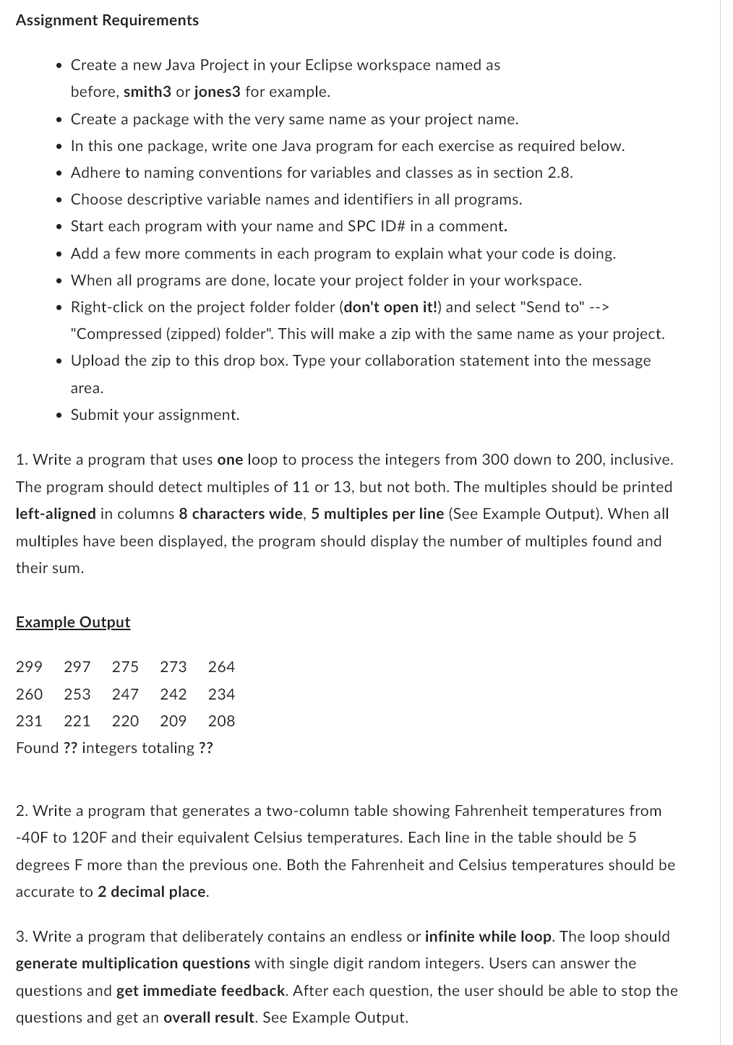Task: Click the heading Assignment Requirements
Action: [107, 20]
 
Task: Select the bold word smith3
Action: [147, 92]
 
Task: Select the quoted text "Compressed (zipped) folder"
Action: [172, 334]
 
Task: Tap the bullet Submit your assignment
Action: [155, 415]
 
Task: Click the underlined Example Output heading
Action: [73, 622]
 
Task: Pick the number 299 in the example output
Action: [29, 667]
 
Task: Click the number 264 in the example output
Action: [221, 667]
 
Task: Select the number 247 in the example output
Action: [125, 694]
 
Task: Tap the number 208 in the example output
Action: [221, 721]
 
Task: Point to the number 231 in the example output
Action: [29, 721]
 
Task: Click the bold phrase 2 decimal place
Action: [152, 892]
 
